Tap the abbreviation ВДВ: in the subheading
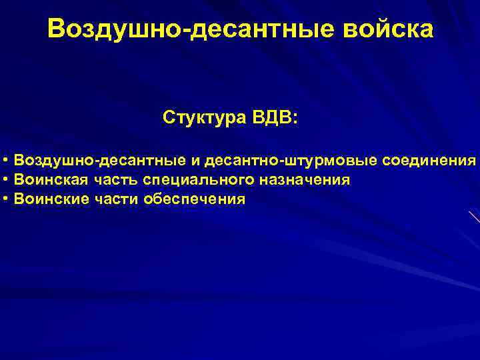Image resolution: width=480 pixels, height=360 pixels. (275, 118)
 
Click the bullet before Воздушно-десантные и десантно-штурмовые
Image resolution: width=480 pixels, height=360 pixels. (5, 161)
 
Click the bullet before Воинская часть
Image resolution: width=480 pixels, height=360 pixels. (5, 180)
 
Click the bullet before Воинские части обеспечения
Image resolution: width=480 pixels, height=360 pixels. (5, 199)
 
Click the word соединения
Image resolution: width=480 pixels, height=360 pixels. (429, 161)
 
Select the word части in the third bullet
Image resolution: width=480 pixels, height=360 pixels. (115, 199)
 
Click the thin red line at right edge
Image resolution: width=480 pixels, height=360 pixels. (474, 216)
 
